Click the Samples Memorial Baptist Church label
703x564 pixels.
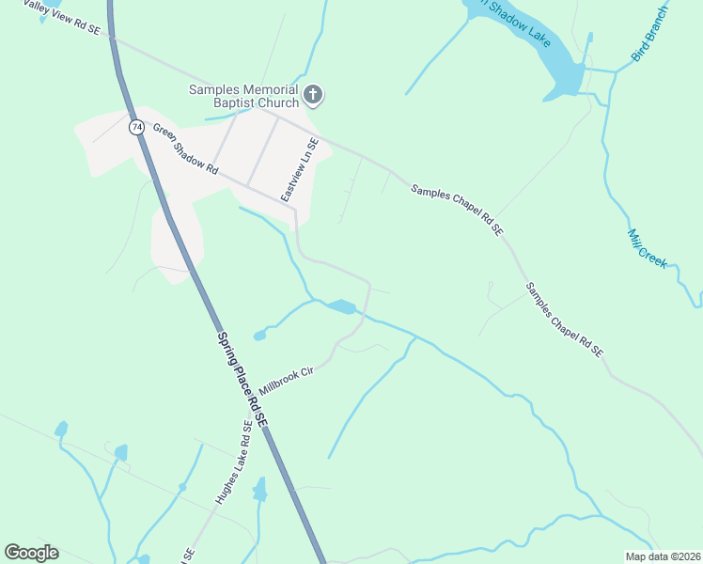coord(243,96)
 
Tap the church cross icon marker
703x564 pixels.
coord(313,95)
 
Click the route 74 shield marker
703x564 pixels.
coord(137,126)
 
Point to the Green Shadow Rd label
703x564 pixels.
coord(185,150)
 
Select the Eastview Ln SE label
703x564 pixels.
coord(301,169)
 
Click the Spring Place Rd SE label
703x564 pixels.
coord(242,381)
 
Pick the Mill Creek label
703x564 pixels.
coord(647,248)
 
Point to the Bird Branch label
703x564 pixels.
coord(649,34)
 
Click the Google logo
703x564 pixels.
coord(31,553)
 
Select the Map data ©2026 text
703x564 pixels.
coord(664,556)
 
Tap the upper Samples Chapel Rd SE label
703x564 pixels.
coord(457,210)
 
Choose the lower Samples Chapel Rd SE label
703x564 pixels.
coord(564,320)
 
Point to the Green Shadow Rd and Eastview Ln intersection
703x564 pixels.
coord(294,210)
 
